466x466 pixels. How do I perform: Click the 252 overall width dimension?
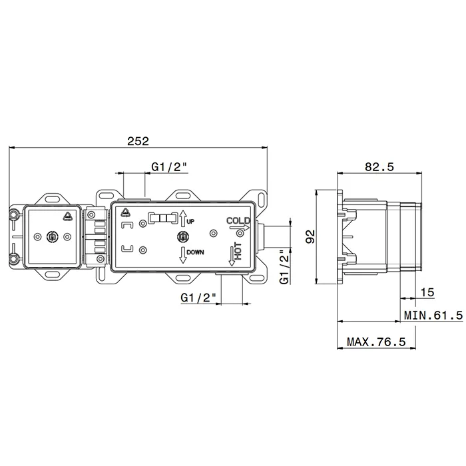point(138,141)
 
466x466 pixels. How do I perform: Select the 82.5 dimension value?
point(379,167)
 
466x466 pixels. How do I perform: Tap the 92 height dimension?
point(310,237)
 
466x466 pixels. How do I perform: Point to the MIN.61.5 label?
point(433,315)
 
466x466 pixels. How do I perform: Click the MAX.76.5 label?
point(376,342)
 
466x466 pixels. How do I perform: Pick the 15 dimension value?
point(427,292)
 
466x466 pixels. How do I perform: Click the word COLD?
point(238,221)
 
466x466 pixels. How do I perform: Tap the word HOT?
point(238,251)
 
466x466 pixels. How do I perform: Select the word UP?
point(190,222)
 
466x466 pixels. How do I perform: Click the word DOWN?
point(195,252)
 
